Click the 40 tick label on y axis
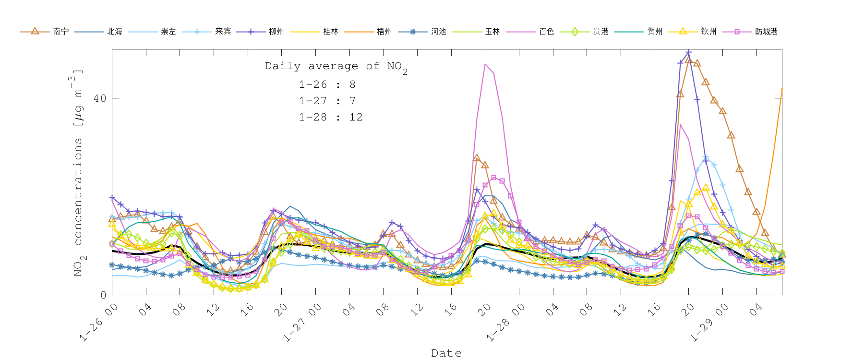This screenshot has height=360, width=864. pos(100,98)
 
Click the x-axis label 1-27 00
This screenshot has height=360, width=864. pos(301,324)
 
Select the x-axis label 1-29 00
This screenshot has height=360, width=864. pos(708,324)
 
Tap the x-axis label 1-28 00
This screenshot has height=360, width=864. pos(505,324)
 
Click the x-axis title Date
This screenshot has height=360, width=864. pos(446,353)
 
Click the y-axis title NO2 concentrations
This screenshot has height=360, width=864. pos(78,173)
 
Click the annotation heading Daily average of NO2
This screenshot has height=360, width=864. pos(336,67)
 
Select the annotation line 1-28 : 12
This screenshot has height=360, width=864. pos(331,117)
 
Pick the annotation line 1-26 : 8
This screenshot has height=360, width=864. pos(327,85)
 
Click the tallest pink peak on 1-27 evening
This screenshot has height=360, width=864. pos(485,64)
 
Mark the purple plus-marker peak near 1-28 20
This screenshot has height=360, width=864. pos(688,52)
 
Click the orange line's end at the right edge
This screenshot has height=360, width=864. pos(781,89)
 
